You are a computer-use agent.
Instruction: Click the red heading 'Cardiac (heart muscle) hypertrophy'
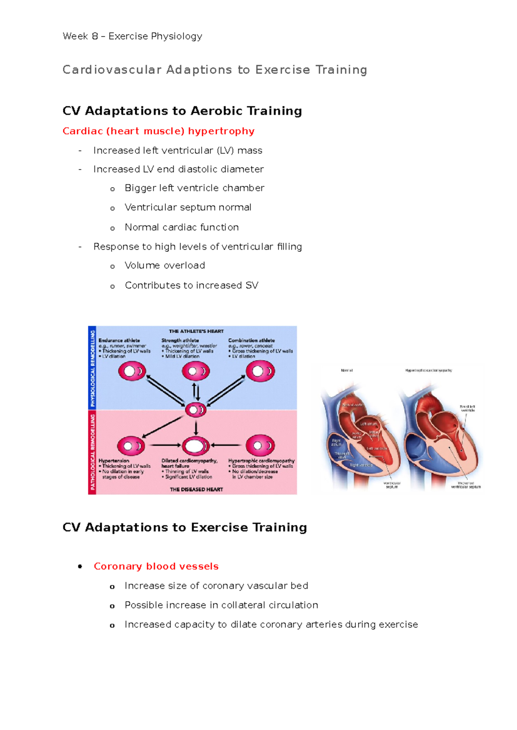158,131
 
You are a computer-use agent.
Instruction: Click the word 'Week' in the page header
75,36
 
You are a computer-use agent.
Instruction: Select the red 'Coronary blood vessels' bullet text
156,566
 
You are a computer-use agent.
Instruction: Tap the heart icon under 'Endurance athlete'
132,371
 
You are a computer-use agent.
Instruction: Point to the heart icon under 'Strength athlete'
196,371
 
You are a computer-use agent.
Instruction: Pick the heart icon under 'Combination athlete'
260,371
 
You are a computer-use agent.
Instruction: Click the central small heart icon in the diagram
196,410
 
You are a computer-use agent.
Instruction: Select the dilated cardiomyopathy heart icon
196,445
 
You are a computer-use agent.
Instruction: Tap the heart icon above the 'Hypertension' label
131,445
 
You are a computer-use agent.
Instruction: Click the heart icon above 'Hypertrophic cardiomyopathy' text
260,445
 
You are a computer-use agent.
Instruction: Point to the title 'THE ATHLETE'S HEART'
196,331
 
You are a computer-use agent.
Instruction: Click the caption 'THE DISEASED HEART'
196,489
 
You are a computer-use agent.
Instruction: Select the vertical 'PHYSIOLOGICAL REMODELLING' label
92,368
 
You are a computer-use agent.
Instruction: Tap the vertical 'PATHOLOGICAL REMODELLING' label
92,452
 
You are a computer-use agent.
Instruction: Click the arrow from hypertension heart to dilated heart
165,445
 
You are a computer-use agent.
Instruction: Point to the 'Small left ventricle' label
467,408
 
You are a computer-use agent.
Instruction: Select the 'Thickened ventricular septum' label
466,485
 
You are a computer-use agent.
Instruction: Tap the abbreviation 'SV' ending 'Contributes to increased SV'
252,285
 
